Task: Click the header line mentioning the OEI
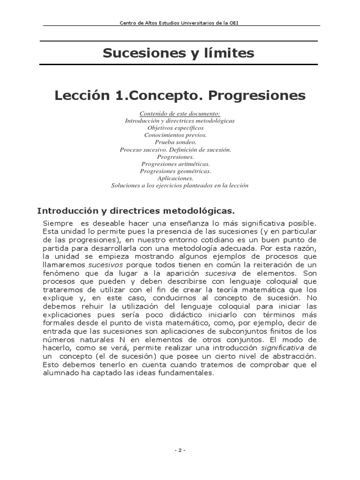click(180, 22)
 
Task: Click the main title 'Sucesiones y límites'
click(179, 53)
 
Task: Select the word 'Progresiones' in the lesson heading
click(257, 96)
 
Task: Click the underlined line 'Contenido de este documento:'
click(180, 114)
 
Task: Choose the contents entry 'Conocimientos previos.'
click(180, 135)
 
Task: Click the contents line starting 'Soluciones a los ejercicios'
click(180, 185)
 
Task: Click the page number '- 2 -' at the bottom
click(180, 450)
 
